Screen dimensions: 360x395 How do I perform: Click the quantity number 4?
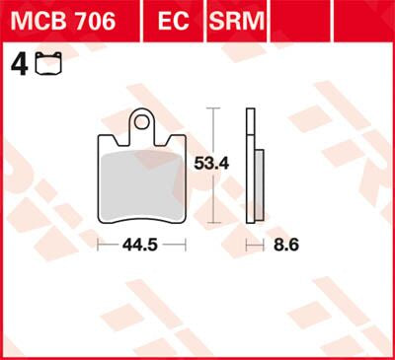tap(17, 65)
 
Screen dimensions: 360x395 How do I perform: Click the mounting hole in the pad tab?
tap(144, 122)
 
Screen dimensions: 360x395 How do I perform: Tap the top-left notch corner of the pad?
tap(102, 136)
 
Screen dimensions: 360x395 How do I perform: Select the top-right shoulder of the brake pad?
tap(185, 136)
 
